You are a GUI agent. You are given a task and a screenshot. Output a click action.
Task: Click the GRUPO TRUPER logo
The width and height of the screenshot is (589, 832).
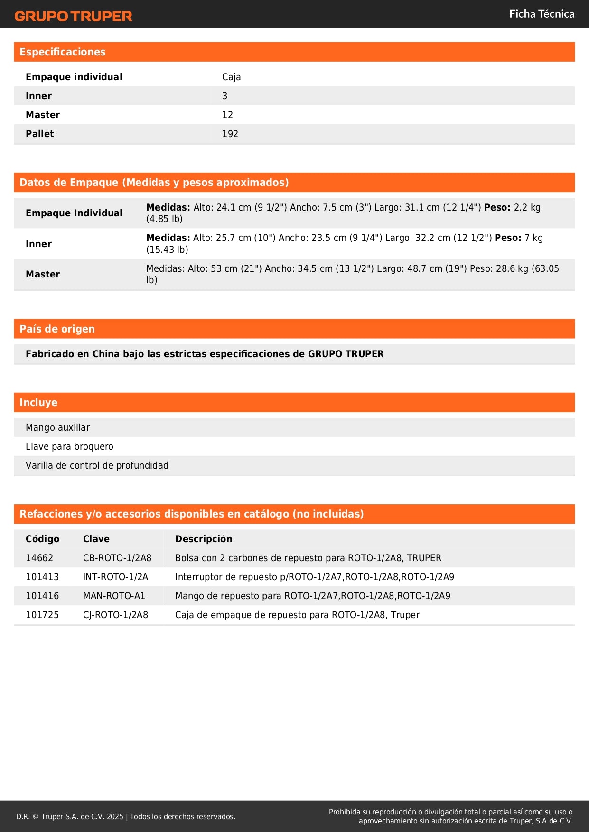74,16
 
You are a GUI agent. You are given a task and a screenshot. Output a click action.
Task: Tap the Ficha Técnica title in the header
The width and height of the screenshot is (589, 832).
542,14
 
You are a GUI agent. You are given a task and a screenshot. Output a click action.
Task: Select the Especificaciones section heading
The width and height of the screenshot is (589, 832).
63,52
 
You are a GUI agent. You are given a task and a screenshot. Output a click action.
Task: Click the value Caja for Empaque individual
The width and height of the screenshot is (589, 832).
231,77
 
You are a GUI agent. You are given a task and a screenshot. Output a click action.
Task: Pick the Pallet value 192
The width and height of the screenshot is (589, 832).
230,134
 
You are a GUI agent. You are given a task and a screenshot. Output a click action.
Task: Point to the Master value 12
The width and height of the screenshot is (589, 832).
227,115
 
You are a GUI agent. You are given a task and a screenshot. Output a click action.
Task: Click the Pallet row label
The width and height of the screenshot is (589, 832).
40,134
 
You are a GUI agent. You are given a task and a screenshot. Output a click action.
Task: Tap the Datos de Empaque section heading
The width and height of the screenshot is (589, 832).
154,183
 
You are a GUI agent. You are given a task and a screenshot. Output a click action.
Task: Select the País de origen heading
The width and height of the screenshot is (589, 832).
57,329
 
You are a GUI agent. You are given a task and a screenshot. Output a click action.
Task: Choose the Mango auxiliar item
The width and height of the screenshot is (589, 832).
57,427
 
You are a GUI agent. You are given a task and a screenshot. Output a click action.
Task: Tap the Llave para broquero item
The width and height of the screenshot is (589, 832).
69,446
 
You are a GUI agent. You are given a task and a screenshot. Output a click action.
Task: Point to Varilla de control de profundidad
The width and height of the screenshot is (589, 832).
97,465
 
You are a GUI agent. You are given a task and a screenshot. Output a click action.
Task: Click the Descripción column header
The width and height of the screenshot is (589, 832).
204,539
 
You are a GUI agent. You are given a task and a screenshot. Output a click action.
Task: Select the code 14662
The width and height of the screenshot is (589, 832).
39,558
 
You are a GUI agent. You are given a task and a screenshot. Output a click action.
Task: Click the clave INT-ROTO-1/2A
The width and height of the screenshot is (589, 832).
115,577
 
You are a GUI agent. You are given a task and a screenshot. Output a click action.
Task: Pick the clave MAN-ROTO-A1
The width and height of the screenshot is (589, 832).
114,596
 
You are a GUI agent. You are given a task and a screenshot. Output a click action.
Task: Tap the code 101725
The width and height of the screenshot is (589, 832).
42,615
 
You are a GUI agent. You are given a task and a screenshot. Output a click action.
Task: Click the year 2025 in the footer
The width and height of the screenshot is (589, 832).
115,816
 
